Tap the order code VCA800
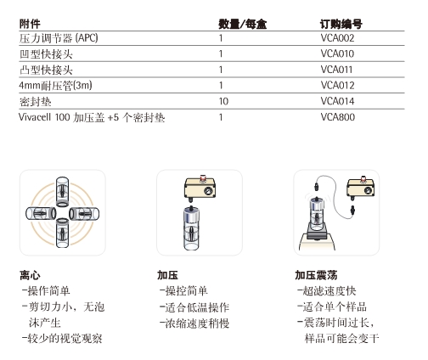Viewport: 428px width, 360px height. click(x=338, y=116)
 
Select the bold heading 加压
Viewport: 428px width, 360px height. click(x=166, y=275)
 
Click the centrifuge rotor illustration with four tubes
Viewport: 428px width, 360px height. click(x=63, y=212)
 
